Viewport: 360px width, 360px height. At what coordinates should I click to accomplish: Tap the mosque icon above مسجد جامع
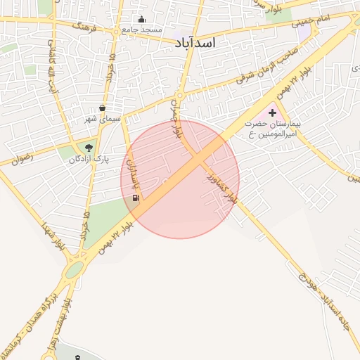pos(142,20)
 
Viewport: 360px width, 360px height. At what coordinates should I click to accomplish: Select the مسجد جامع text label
pos(142,30)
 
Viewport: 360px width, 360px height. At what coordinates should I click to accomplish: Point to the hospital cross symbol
pos(272,112)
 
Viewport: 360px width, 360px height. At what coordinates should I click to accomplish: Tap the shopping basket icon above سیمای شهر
pos(103,108)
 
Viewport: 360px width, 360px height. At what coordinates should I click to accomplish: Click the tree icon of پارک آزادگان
pos(89,148)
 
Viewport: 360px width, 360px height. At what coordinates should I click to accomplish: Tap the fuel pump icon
pos(135,198)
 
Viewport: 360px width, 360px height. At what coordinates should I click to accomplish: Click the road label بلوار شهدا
pos(52,236)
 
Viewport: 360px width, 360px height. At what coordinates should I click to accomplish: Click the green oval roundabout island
pos(74,270)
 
